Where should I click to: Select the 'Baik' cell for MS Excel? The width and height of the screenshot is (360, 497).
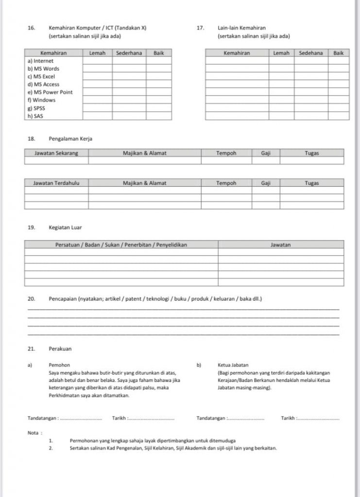pyautogui.click(x=158, y=77)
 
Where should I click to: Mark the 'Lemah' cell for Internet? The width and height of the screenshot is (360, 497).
pyautogui.click(x=97, y=61)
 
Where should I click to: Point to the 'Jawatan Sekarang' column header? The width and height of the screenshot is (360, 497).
pyautogui.click(x=56, y=153)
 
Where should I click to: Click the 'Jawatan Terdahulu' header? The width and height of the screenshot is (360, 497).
pyautogui.click(x=56, y=183)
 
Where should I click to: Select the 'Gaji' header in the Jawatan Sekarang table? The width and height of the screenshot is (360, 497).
pyautogui.click(x=265, y=153)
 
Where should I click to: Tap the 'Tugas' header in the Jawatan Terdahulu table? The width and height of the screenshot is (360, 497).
pyautogui.click(x=311, y=183)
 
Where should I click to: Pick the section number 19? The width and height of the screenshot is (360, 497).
pyautogui.click(x=32, y=227)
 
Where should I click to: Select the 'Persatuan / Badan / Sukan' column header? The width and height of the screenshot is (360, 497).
pyautogui.click(x=121, y=245)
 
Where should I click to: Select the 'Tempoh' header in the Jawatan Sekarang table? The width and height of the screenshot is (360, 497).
pyautogui.click(x=226, y=153)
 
